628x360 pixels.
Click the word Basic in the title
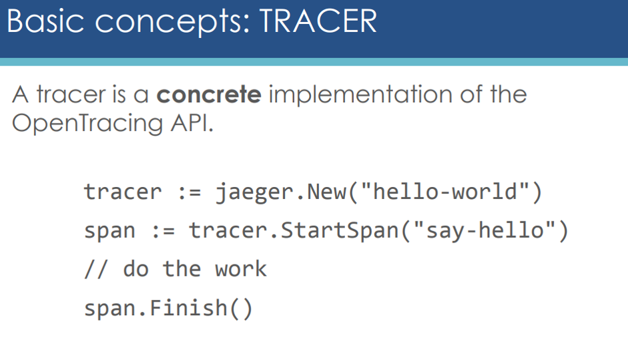[x=45, y=21]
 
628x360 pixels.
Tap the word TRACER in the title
[x=318, y=21]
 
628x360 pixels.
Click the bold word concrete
[x=209, y=95]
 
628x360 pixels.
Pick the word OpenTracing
[x=87, y=123]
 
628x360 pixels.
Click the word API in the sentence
[x=192, y=123]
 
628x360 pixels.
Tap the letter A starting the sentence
[x=21, y=95]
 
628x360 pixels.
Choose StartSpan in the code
[x=340, y=230]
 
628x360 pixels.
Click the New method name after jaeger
[x=326, y=192]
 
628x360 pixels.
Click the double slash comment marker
[x=96, y=268]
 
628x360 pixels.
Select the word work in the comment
[x=241, y=268]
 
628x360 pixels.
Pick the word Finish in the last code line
[x=189, y=308]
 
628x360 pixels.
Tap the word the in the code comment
[x=182, y=268]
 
